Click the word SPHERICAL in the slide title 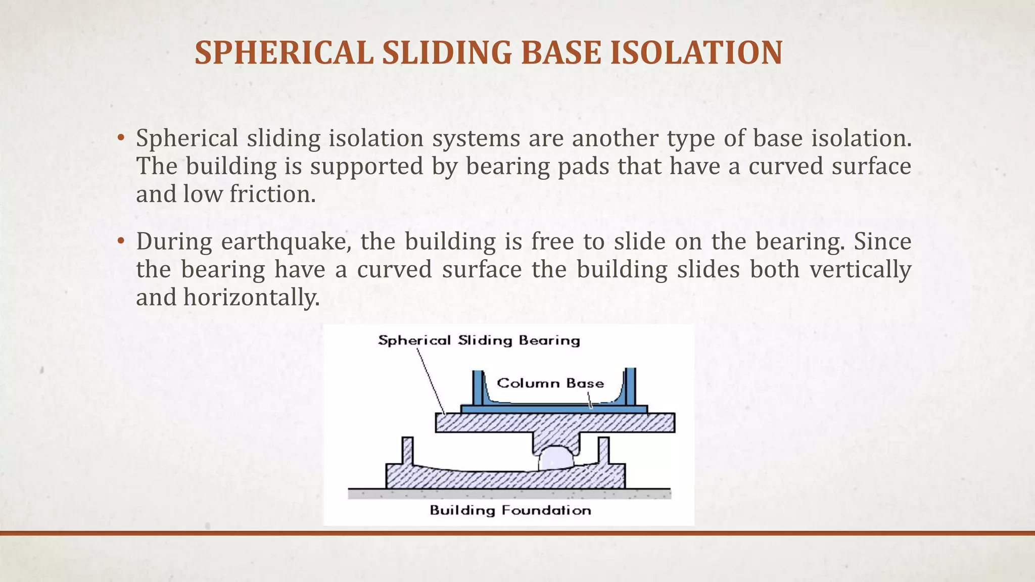pos(284,53)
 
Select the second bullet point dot pos(120,241)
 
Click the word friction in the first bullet pos(272,194)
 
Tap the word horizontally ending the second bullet pos(251,298)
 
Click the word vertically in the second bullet pos(860,270)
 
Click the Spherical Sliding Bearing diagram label pos(479,341)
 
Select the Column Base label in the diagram pos(550,383)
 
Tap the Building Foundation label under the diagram pos(510,510)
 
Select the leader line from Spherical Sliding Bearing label pos(430,379)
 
